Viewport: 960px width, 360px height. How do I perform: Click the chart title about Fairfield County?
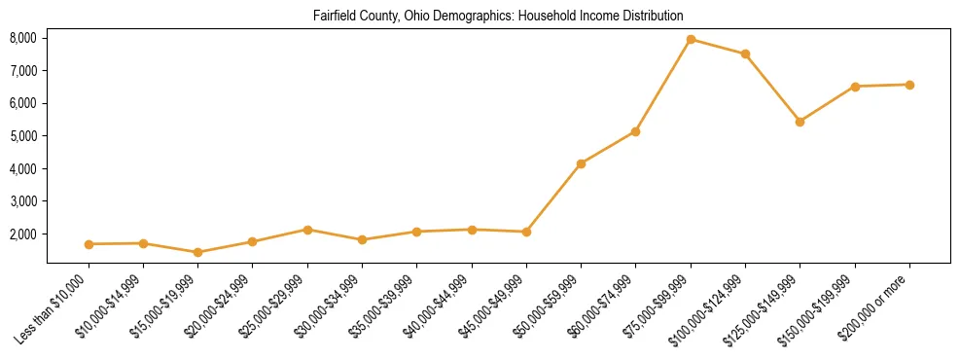pos(498,17)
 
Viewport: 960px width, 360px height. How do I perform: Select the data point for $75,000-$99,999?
pos(691,40)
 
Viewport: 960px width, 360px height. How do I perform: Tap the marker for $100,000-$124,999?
pos(745,54)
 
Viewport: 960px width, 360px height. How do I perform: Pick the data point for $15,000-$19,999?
pos(197,252)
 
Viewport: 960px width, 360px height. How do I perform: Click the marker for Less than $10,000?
pos(89,244)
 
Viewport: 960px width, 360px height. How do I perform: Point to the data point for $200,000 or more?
pos(909,85)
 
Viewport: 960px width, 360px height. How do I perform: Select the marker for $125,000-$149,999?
pos(800,122)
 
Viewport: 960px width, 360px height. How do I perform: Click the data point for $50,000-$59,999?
pos(581,163)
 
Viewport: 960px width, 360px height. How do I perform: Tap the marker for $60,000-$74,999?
pos(635,131)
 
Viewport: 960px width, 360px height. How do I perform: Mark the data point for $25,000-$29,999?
pos(307,230)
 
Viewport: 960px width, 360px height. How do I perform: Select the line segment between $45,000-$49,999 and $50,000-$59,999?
pos(553,198)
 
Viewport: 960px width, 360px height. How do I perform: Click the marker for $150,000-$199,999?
pos(855,87)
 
